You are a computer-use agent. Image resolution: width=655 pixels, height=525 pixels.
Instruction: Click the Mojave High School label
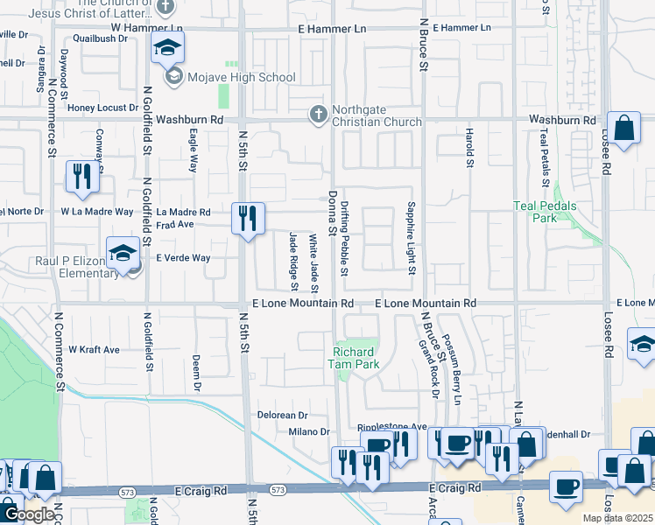240,77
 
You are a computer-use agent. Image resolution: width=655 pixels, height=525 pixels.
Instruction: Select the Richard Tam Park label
355,359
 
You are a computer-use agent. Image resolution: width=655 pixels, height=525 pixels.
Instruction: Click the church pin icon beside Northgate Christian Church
319,114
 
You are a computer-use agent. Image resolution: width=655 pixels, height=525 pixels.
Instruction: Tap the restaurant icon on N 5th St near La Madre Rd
248,218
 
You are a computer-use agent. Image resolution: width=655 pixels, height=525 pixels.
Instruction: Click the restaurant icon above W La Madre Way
82,178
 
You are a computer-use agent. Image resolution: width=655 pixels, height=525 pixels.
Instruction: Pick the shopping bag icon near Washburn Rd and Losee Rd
625,129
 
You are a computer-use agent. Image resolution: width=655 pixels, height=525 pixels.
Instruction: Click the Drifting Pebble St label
345,238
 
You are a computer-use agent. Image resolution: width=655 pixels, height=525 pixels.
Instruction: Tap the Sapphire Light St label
410,238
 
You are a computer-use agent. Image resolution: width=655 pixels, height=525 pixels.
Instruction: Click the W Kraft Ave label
94,349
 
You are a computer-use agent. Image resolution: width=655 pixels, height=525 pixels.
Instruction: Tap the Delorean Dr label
282,415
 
